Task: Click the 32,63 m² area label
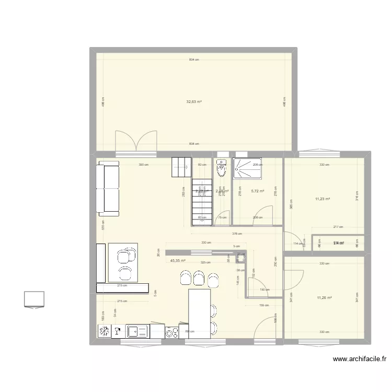194,102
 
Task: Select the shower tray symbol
247,167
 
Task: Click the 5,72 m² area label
258,191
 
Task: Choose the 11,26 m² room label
325,298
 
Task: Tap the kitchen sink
137,330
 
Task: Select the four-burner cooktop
172,331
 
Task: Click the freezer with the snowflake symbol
104,331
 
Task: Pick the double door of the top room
136,141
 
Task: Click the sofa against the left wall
108,188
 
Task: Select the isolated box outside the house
34,298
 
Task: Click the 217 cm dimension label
338,227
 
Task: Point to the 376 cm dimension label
237,234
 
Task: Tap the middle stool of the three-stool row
199,277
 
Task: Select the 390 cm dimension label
143,165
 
